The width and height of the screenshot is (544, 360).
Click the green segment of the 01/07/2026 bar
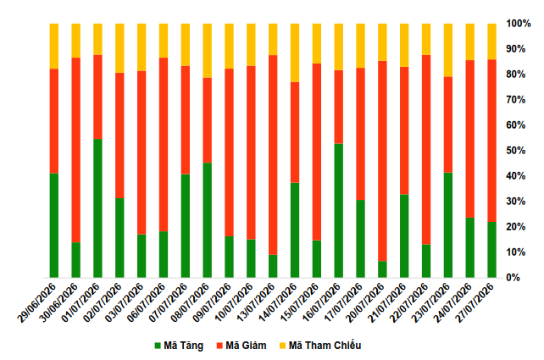click(97, 208)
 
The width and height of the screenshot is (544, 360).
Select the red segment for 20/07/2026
click(382, 161)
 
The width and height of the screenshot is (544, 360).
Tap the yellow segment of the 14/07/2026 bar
click(295, 53)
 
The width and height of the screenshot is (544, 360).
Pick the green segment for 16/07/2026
click(339, 211)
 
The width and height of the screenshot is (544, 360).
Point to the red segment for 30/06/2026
click(76, 150)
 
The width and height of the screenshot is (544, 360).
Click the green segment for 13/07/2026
click(273, 266)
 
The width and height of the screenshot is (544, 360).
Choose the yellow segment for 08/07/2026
click(207, 51)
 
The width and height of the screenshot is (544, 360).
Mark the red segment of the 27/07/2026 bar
click(492, 141)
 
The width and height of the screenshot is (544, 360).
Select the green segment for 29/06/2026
click(54, 225)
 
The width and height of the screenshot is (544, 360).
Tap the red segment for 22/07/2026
click(426, 150)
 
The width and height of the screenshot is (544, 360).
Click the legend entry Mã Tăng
click(179, 346)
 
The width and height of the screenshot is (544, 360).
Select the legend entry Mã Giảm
click(241, 346)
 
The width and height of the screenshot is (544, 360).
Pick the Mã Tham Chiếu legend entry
click(320, 346)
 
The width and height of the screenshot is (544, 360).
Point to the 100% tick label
click(519, 24)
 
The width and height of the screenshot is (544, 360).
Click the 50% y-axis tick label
click(516, 151)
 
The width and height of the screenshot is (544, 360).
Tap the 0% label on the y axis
click(513, 278)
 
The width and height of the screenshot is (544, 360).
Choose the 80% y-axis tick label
click(516, 75)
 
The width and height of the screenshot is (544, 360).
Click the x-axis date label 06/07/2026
click(144, 302)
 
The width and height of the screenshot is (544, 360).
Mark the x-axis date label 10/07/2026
click(232, 302)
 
